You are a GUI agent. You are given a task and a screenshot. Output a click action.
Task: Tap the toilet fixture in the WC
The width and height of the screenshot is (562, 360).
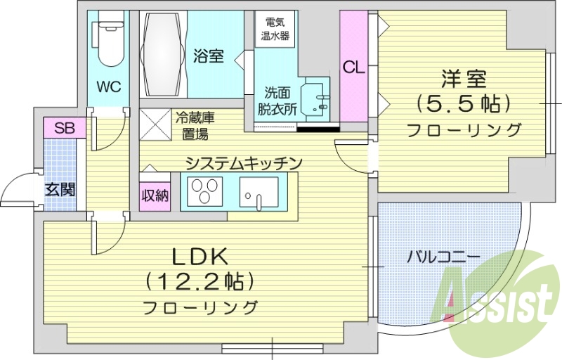coord(109,39)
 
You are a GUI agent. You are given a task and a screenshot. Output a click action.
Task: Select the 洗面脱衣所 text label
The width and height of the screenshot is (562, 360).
coord(271,101)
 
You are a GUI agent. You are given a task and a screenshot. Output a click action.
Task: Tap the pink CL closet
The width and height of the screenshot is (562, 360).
coord(353,67)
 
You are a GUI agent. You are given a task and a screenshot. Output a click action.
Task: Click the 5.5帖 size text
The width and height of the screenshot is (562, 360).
coord(463,104)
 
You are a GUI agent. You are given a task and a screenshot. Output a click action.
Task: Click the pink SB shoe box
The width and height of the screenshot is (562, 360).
coord(65,128)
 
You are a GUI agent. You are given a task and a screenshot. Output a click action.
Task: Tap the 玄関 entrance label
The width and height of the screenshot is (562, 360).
coord(60,189)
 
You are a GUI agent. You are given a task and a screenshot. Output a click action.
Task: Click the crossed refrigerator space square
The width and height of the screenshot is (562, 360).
coord(153,122)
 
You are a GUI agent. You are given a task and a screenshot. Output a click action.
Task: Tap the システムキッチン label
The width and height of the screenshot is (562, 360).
coord(243,163)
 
